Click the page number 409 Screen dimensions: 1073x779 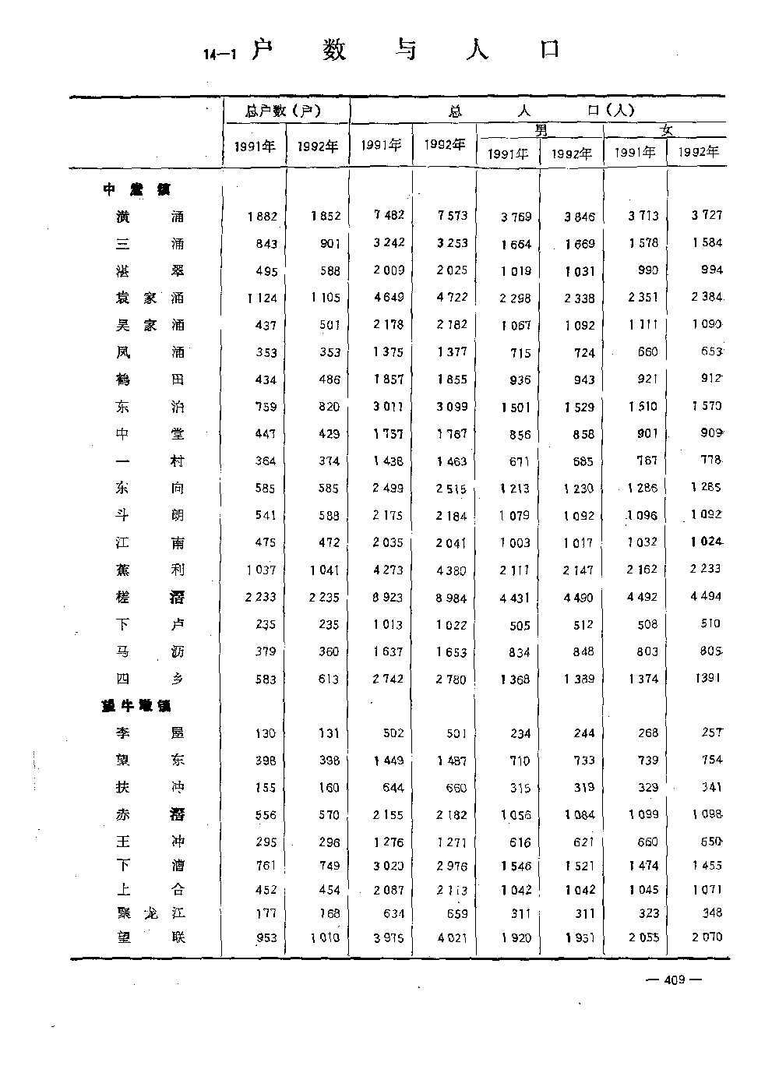pyautogui.click(x=675, y=979)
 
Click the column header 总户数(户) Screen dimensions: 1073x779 pyautogui.click(x=283, y=111)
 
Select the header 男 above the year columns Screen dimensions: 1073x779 pyautogui.click(x=541, y=130)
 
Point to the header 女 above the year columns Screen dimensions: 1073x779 pyautogui.click(x=666, y=130)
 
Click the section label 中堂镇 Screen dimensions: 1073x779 pyautogui.click(x=136, y=189)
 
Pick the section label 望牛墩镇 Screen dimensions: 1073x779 pyautogui.click(x=136, y=706)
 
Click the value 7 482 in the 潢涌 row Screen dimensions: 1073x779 pyautogui.click(x=388, y=215)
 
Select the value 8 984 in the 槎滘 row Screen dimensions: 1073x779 pyautogui.click(x=451, y=598)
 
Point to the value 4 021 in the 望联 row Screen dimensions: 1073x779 pyautogui.click(x=451, y=937)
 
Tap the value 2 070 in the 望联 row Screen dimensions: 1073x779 pyautogui.click(x=706, y=937)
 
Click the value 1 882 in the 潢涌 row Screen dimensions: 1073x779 pyautogui.click(x=262, y=217)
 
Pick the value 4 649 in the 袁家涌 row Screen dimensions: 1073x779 pyautogui.click(x=388, y=297)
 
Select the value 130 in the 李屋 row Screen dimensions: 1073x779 pyautogui.click(x=265, y=733)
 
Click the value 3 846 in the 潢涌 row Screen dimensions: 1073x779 pyautogui.click(x=579, y=217)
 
